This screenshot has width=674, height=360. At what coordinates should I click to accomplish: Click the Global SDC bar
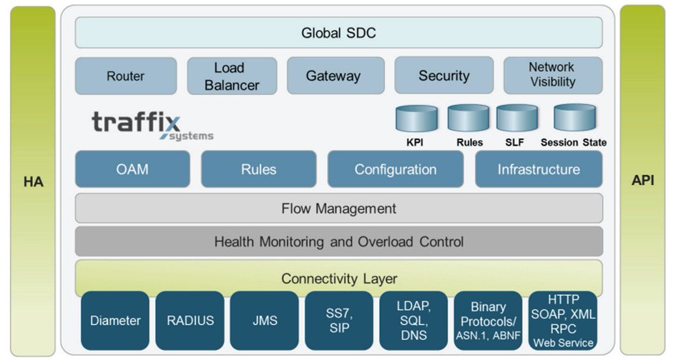(338, 32)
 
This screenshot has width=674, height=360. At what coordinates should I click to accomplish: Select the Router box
(126, 76)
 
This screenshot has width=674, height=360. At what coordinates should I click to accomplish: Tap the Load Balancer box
(232, 76)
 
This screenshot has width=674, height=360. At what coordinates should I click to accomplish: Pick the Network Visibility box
(552, 75)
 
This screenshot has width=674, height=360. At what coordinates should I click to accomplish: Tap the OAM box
(132, 169)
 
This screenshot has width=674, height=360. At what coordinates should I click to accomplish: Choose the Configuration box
(395, 169)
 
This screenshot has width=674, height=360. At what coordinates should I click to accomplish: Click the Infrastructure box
(538, 169)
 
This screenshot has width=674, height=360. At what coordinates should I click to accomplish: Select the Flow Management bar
(338, 208)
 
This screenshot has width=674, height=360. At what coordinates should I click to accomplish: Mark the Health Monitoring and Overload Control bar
(338, 242)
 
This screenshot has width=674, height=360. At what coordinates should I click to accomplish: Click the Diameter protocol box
(115, 320)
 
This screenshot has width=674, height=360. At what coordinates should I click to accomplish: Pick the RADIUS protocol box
(190, 320)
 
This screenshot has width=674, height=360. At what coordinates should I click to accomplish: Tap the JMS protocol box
(264, 320)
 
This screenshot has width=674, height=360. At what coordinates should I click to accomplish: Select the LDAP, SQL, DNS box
(414, 320)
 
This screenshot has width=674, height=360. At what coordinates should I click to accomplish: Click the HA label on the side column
(33, 182)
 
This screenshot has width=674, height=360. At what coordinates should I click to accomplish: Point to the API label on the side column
(642, 181)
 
